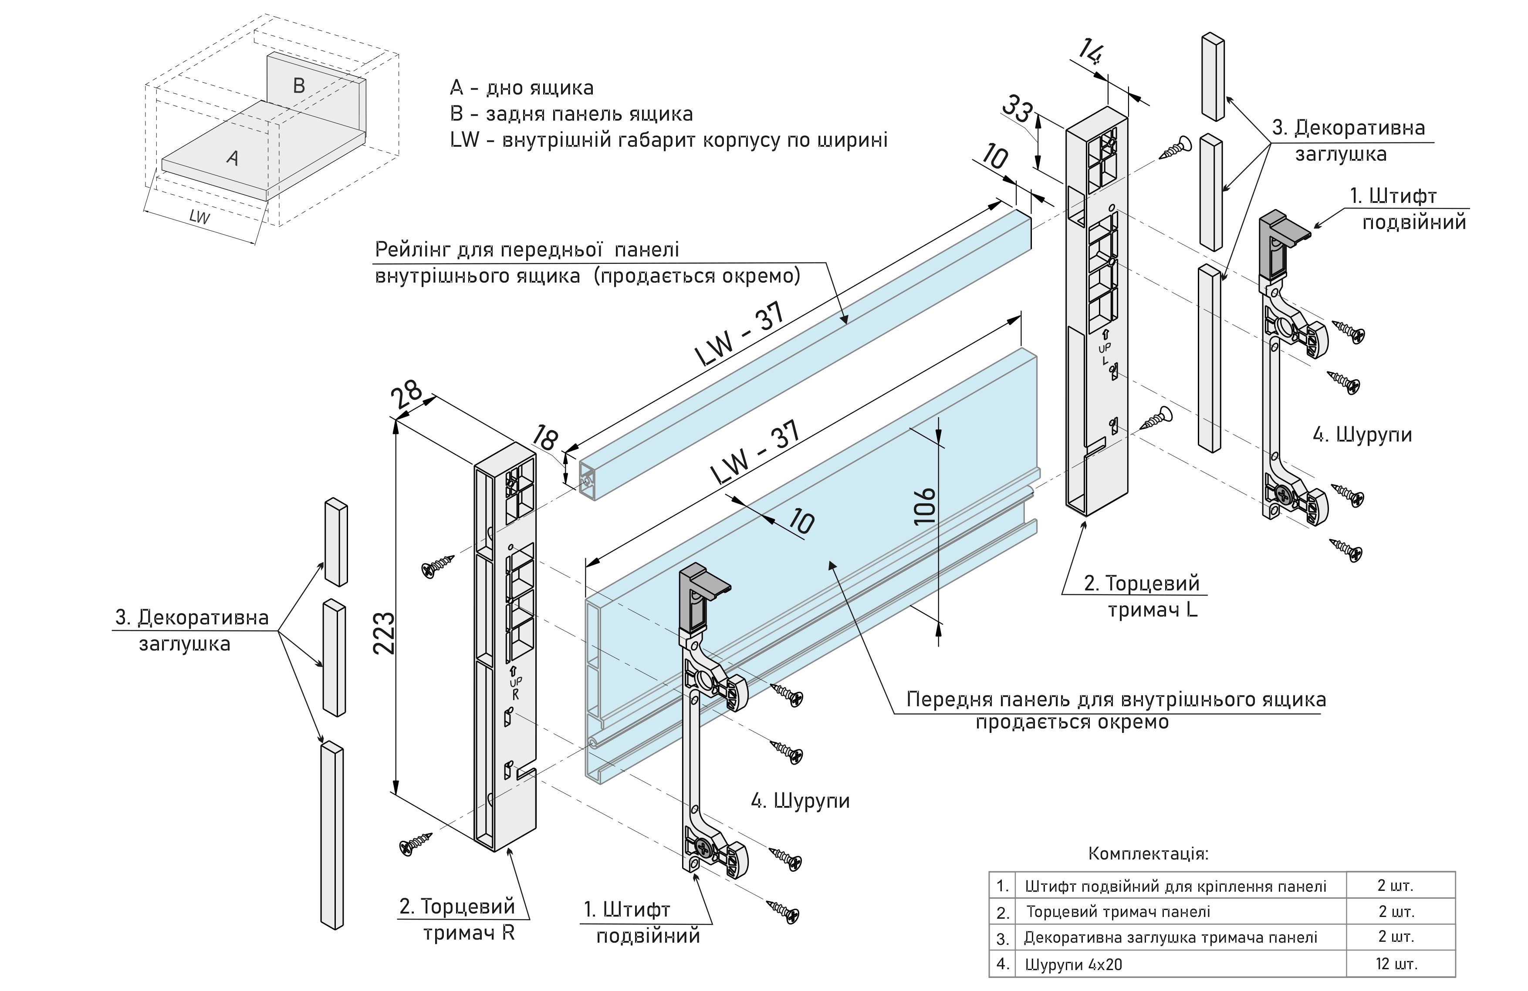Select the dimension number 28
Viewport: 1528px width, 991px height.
[x=407, y=395]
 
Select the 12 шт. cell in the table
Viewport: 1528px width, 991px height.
[x=1396, y=964]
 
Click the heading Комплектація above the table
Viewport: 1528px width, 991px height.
[x=1148, y=854]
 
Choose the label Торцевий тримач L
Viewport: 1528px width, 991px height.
[x=1142, y=596]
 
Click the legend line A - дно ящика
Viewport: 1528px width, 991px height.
[x=521, y=88]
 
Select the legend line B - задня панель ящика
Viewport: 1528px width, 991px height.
[x=571, y=114]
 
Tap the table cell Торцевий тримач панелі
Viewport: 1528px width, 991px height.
[x=1118, y=911]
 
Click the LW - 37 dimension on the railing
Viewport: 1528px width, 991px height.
[x=740, y=334]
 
